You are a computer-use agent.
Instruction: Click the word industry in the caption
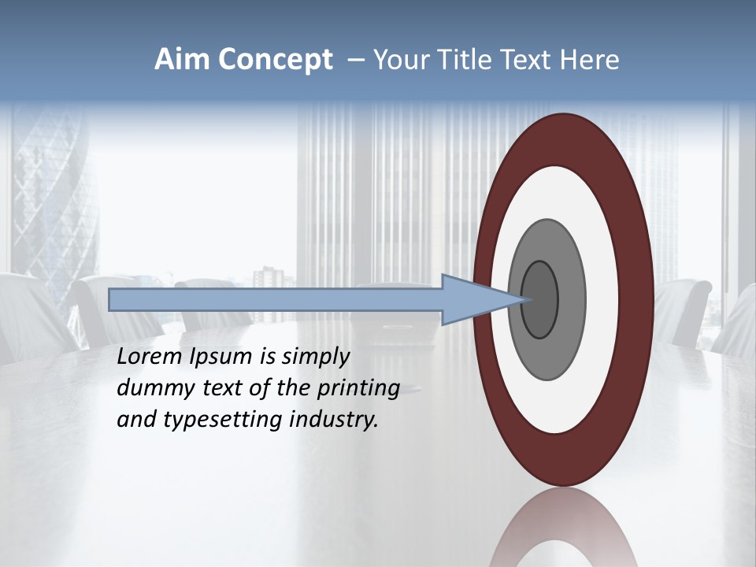pos(334,420)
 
